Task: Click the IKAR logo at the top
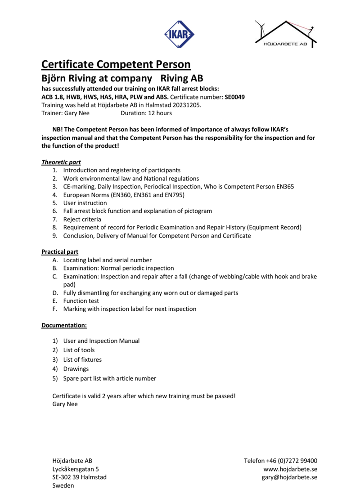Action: pyautogui.click(x=179, y=34)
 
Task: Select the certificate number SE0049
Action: pyautogui.click(x=234, y=97)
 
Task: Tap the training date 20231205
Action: pyautogui.click(x=187, y=105)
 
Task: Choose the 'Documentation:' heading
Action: pyautogui.click(x=64, y=325)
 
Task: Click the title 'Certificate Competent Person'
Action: pyautogui.click(x=116, y=64)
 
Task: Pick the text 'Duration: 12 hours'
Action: pyautogui.click(x=146, y=113)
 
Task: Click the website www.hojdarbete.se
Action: pyautogui.click(x=290, y=469)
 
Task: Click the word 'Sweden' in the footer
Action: pyautogui.click(x=63, y=485)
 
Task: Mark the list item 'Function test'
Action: pyautogui.click(x=81, y=301)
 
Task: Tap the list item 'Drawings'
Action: pyautogui.click(x=76, y=369)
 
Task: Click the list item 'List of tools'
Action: pyautogui.click(x=79, y=350)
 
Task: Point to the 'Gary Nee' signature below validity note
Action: pyautogui.click(x=65, y=404)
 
